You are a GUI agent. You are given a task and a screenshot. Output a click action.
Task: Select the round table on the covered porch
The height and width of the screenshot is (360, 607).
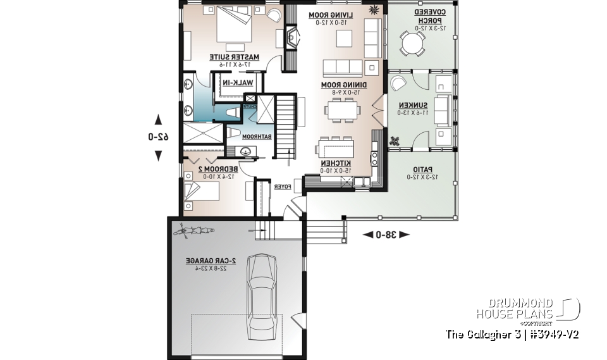412,44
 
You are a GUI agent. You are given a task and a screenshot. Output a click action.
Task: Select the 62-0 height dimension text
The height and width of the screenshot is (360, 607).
159,137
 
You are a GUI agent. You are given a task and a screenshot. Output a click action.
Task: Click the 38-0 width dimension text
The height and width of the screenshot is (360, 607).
386,235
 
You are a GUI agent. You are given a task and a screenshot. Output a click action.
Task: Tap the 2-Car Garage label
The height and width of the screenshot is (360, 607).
211,261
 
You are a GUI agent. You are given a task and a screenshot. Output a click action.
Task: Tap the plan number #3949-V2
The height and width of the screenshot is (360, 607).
552,334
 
